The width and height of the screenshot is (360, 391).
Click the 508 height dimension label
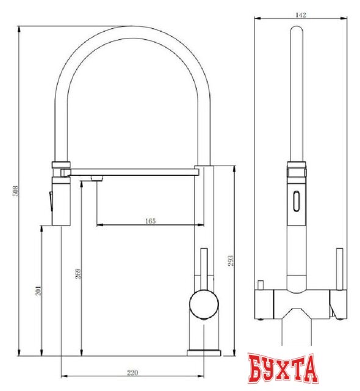[15, 191]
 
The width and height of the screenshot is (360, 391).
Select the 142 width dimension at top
[300, 15]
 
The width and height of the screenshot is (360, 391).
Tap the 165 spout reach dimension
[150, 221]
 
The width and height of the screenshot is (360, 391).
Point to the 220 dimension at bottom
[132, 373]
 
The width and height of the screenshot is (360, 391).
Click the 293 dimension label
[231, 261]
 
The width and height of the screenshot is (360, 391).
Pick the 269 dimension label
[78, 273]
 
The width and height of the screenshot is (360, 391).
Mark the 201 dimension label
[38, 291]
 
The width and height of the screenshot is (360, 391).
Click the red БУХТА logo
[283, 369]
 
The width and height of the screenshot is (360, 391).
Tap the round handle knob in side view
[204, 304]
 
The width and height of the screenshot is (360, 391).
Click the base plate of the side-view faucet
[204, 353]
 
